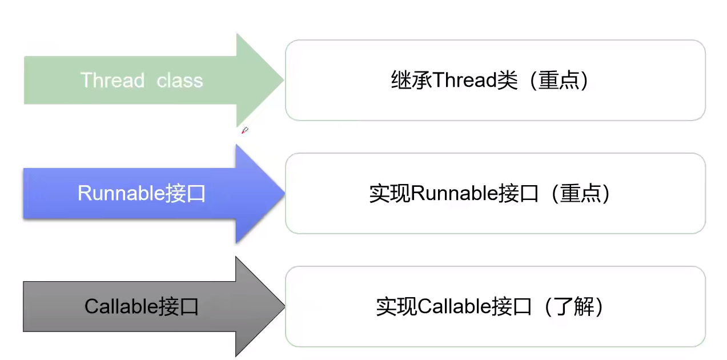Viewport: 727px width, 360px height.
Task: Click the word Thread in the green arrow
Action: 113,80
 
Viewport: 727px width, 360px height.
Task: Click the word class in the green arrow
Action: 180,80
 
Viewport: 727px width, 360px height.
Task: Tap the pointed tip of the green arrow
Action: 282,80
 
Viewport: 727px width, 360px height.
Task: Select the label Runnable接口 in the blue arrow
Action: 141,194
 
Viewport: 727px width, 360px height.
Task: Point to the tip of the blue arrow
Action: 283,194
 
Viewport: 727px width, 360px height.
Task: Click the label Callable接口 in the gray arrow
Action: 141,307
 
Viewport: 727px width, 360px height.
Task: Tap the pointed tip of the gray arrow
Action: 283,307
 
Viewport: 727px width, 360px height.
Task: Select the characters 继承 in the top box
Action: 411,81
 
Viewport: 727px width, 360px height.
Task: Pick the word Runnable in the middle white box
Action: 455,194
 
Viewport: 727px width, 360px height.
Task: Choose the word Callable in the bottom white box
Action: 454,307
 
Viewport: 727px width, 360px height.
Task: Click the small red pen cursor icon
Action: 244,131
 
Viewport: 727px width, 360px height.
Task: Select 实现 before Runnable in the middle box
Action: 389,194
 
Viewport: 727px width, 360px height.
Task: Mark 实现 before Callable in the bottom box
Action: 396,307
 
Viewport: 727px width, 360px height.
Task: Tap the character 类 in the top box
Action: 506,81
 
